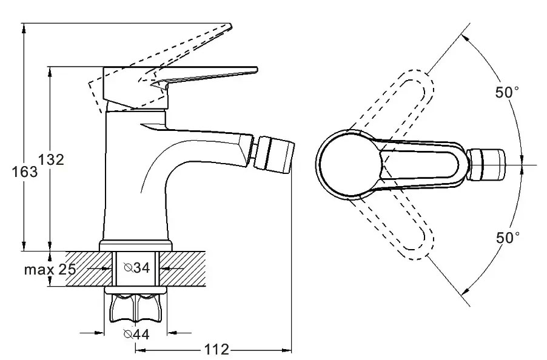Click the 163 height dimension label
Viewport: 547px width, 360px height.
24,172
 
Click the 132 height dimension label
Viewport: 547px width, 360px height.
51,159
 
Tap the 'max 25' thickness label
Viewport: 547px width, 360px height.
50,269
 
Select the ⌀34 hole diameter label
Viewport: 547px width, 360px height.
137,268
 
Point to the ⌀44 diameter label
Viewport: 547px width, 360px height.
136,334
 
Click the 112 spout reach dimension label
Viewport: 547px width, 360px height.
216,349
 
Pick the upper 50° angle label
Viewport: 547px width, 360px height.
507,92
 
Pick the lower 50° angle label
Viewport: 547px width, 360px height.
508,238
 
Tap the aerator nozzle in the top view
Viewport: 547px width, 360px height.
486,165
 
